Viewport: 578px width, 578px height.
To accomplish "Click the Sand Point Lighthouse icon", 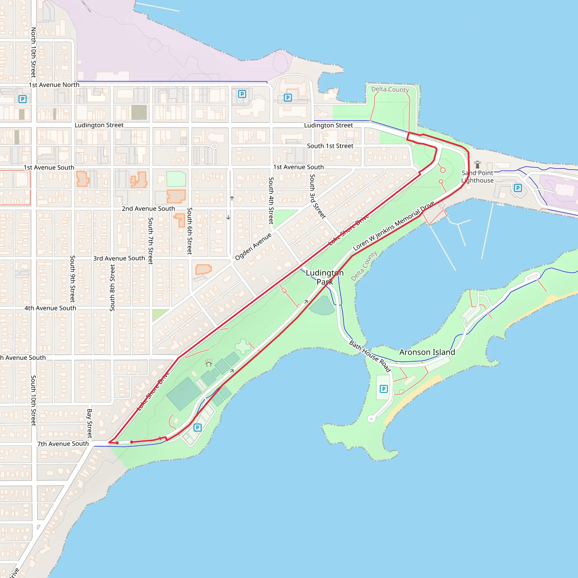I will click(478, 165).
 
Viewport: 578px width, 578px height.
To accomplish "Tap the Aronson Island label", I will click(427, 352).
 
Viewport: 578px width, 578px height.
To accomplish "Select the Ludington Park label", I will click(325, 277).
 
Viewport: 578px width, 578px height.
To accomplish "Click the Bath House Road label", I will click(370, 356).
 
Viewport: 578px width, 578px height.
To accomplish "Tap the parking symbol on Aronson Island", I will click(384, 389).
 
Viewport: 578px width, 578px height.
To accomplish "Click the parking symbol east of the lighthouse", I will click(518, 188).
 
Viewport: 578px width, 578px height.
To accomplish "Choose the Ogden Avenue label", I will click(253, 246).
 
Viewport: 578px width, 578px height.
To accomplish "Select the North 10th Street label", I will click(34, 52).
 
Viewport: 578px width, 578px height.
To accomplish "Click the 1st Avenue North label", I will click(54, 85).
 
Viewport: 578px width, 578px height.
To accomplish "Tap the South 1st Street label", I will click(330, 146).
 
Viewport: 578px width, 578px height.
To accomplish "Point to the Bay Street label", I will click(89, 423).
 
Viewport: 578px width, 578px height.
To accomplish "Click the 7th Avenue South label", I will click(63, 444).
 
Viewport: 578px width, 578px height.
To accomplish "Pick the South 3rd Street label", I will click(317, 196).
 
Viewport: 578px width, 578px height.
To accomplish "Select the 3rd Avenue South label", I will click(119, 258).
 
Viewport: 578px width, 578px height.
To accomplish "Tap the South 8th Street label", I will click(112, 288).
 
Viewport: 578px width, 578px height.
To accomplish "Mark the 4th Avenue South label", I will click(50, 308).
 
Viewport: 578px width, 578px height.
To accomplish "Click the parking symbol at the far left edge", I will click(23, 99).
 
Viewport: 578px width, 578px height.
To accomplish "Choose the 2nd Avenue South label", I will click(148, 209).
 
